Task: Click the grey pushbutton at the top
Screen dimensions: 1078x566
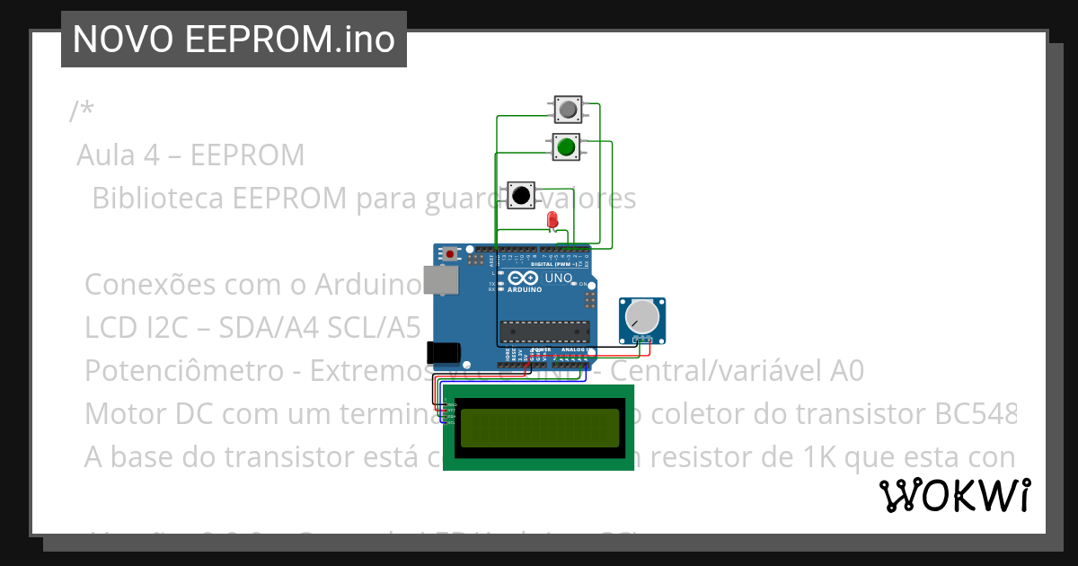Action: coord(568,111)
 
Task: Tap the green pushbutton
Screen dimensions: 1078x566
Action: coord(566,146)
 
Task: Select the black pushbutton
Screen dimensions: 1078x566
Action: coord(520,195)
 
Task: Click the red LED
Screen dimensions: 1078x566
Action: coord(552,221)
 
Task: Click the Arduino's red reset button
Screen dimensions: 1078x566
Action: coord(450,254)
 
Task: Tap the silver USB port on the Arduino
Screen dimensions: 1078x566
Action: coord(440,280)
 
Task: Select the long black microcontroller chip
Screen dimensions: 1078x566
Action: coord(543,331)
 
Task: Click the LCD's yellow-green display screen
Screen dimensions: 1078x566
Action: coord(538,428)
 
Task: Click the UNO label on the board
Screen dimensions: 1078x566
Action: coord(559,279)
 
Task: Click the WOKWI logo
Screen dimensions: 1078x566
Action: coord(954,495)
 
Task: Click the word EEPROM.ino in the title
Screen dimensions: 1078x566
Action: coord(291,40)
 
